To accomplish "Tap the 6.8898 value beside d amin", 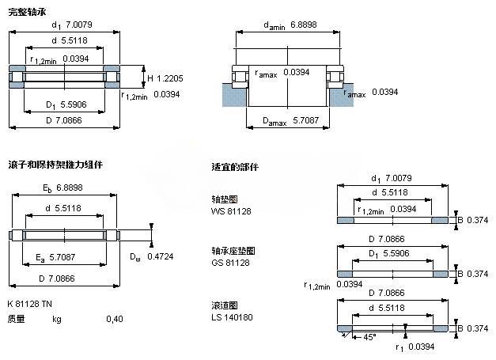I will (301, 26).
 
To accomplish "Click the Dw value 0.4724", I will (162, 256).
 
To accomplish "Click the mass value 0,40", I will (115, 319).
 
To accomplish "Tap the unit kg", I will (57, 319).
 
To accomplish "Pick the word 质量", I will (17, 319).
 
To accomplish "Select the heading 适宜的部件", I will (235, 168).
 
